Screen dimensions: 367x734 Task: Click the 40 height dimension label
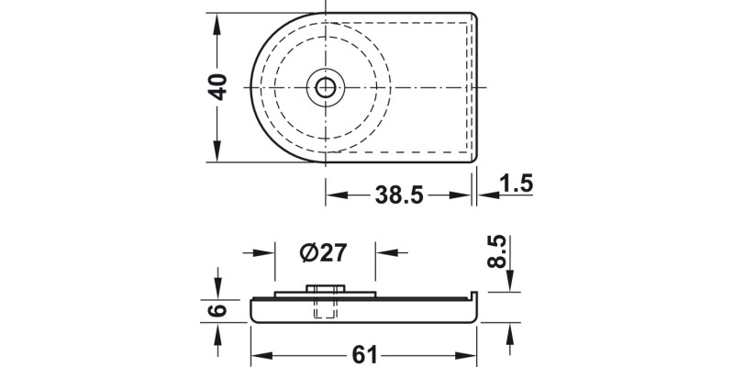point(218,88)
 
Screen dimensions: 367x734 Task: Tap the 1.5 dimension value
point(517,183)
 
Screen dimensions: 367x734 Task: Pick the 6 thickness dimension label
point(218,309)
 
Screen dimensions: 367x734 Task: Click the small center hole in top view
point(326,88)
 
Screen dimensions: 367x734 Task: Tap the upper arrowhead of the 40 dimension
point(218,22)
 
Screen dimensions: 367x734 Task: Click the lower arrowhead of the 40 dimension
point(218,153)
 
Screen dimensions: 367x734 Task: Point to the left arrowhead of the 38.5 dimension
point(336,195)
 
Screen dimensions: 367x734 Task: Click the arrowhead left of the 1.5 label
point(484,195)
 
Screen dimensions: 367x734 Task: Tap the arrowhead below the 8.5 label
point(510,284)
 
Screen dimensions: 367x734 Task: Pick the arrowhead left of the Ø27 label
point(267,251)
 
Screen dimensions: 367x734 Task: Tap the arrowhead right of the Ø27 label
point(384,251)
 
